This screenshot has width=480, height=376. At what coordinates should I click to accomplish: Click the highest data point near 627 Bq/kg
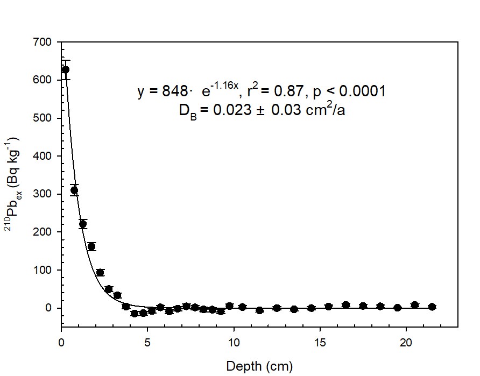point(66,69)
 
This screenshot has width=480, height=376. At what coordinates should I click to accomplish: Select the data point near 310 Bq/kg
point(74,190)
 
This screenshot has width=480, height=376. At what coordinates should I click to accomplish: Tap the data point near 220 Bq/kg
point(83,224)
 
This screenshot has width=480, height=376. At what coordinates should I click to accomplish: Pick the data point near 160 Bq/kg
point(91,246)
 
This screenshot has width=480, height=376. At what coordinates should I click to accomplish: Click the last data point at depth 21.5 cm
point(432,307)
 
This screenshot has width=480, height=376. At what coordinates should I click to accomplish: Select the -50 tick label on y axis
point(44,327)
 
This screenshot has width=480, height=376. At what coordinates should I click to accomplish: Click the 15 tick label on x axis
point(320,343)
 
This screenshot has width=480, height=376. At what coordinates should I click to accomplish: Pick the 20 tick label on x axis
point(406,343)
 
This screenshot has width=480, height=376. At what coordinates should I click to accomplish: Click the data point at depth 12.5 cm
point(277,308)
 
